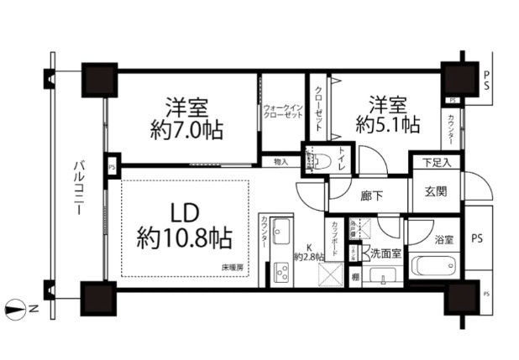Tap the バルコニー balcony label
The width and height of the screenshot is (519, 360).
[x=76, y=188]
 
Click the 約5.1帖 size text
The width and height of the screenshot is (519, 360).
[x=387, y=125]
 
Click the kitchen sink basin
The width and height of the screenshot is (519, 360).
[x=280, y=230]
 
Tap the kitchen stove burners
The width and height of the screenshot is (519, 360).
[x=280, y=270]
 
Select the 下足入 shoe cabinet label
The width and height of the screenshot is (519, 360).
[x=436, y=162]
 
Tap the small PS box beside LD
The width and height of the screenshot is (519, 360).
[x=113, y=167]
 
